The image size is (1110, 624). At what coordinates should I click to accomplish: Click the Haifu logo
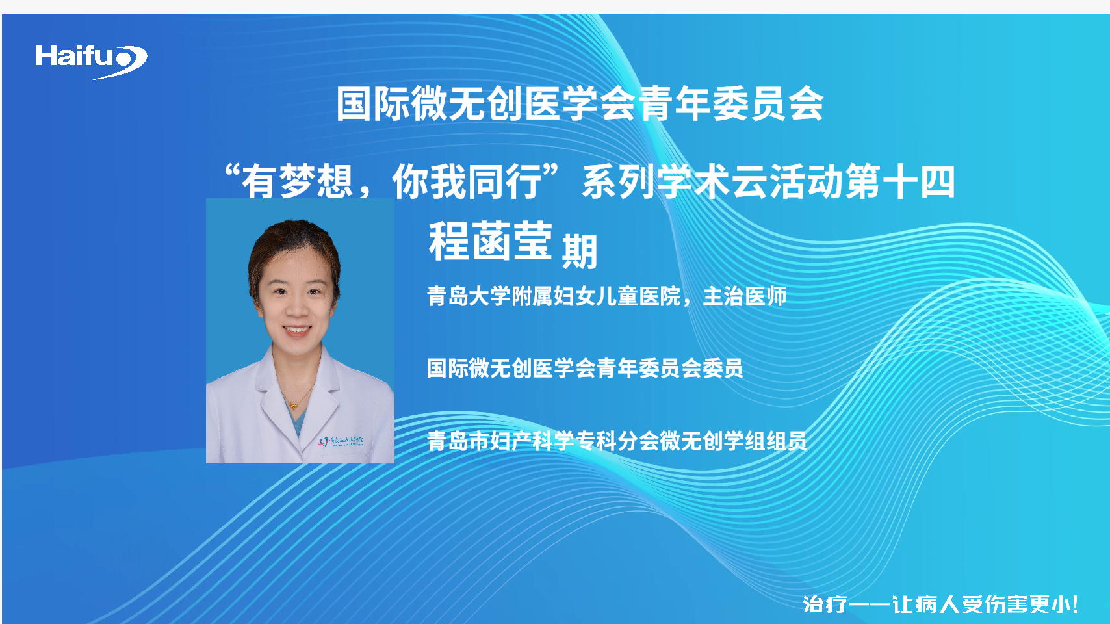click(91, 61)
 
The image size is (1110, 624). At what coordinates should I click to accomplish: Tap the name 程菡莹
click(490, 241)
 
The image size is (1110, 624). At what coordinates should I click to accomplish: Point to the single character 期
click(579, 252)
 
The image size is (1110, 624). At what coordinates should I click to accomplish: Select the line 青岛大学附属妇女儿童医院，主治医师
click(606, 296)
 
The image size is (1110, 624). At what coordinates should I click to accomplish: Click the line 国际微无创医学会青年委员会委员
click(585, 369)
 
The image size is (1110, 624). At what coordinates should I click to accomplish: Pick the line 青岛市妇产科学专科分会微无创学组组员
click(617, 441)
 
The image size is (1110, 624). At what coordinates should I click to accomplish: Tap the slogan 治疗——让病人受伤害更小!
click(940, 604)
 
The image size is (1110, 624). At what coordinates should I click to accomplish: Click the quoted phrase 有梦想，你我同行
click(391, 181)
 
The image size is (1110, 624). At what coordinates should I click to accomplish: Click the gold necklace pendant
click(294, 406)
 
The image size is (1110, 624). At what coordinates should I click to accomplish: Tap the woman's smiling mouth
click(296, 330)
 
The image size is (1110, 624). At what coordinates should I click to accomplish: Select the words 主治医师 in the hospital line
click(745, 296)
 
